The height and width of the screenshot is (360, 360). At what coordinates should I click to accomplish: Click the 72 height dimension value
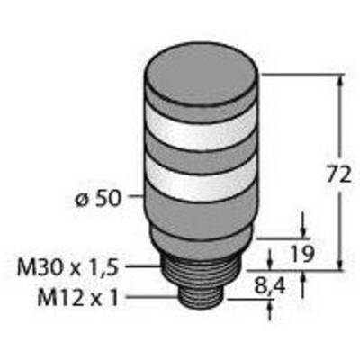338,175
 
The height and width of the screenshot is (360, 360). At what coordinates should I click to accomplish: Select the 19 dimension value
302,255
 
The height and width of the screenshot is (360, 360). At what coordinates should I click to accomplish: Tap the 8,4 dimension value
270,286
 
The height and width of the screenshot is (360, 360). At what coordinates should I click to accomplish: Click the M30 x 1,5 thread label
67,268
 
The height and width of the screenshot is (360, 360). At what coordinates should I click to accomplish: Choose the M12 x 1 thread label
77,298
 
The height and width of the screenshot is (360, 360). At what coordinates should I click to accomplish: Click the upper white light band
201,129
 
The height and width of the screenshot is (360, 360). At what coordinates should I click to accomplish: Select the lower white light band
201,176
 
